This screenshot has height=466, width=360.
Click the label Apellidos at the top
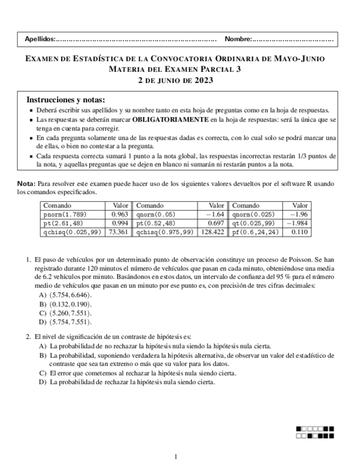(x=40, y=39)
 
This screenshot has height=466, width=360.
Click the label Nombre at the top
(x=237, y=39)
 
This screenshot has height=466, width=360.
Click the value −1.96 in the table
(x=299, y=214)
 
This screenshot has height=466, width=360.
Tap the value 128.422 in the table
(x=213, y=232)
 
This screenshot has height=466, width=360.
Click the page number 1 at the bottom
(x=175, y=456)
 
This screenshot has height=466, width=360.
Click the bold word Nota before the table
(x=25, y=184)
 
